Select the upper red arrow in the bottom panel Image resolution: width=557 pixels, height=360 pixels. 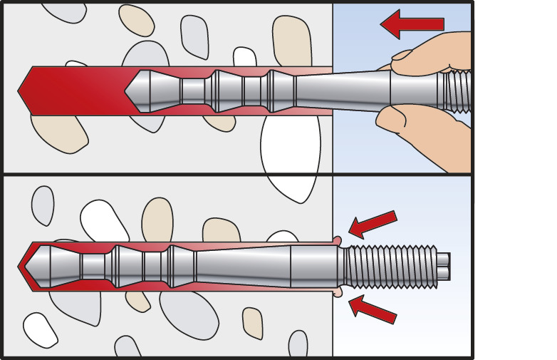tap(373, 224)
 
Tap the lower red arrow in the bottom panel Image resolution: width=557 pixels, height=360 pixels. tap(373, 309)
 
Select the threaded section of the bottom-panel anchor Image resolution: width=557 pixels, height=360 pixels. tap(389, 264)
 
